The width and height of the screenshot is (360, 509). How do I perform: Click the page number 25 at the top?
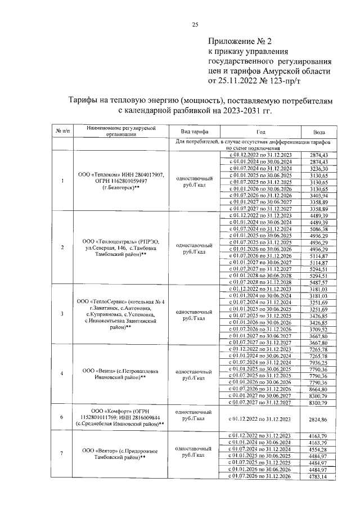coord(195,24)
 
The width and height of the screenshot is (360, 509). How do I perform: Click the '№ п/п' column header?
coord(62,131)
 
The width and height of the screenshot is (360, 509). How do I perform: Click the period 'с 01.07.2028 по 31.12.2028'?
coord(259,282)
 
